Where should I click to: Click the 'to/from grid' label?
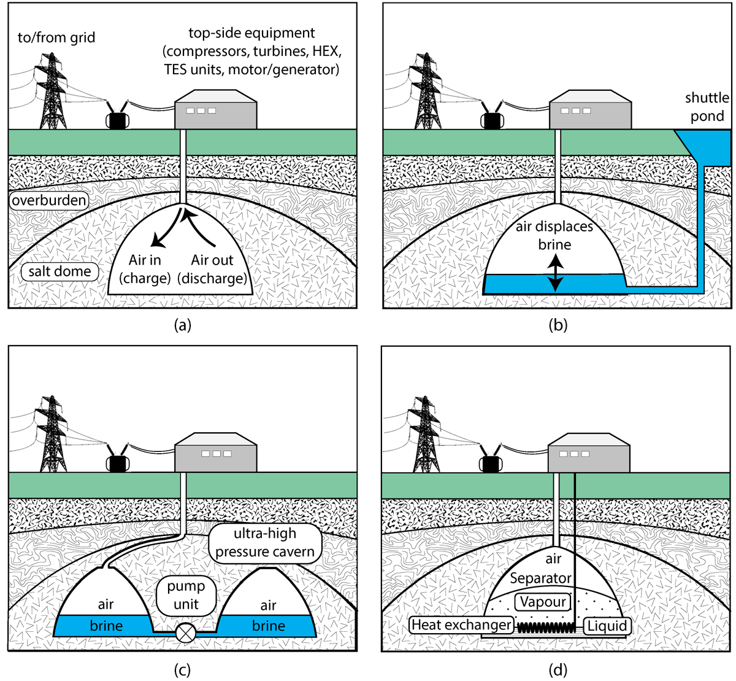[56, 37]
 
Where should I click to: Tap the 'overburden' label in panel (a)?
[49, 200]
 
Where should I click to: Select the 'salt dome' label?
[59, 271]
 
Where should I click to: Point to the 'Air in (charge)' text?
[145, 269]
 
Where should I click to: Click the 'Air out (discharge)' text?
[212, 269]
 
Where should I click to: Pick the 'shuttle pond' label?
[707, 107]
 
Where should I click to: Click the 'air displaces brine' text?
[554, 235]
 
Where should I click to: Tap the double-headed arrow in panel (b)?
[555, 273]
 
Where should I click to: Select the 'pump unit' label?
[186, 595]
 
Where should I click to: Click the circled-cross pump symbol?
[186, 632]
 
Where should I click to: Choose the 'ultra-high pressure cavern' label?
[265, 543]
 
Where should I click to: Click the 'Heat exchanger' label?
[462, 625]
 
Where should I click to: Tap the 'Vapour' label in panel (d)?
[543, 602]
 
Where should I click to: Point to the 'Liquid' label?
[607, 626]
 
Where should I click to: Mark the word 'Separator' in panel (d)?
[541, 578]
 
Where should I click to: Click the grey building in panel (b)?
[591, 109]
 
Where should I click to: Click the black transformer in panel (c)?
[118, 464]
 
